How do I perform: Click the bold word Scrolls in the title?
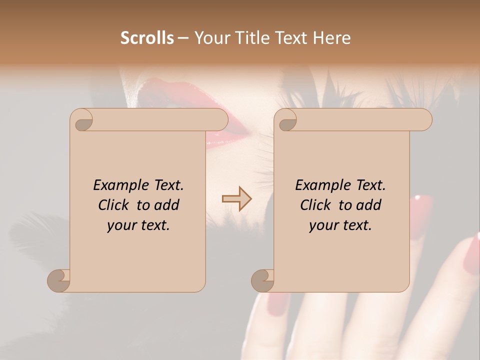147,38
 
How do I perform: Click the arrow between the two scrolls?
236,199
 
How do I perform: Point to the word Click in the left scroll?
115,205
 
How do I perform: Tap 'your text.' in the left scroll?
138,225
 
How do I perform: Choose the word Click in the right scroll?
317,205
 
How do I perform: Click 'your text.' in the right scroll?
340,225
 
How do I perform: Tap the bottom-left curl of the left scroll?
59,281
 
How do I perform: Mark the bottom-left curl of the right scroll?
263,281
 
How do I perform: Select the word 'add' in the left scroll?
167,205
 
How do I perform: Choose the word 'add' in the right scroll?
369,205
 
